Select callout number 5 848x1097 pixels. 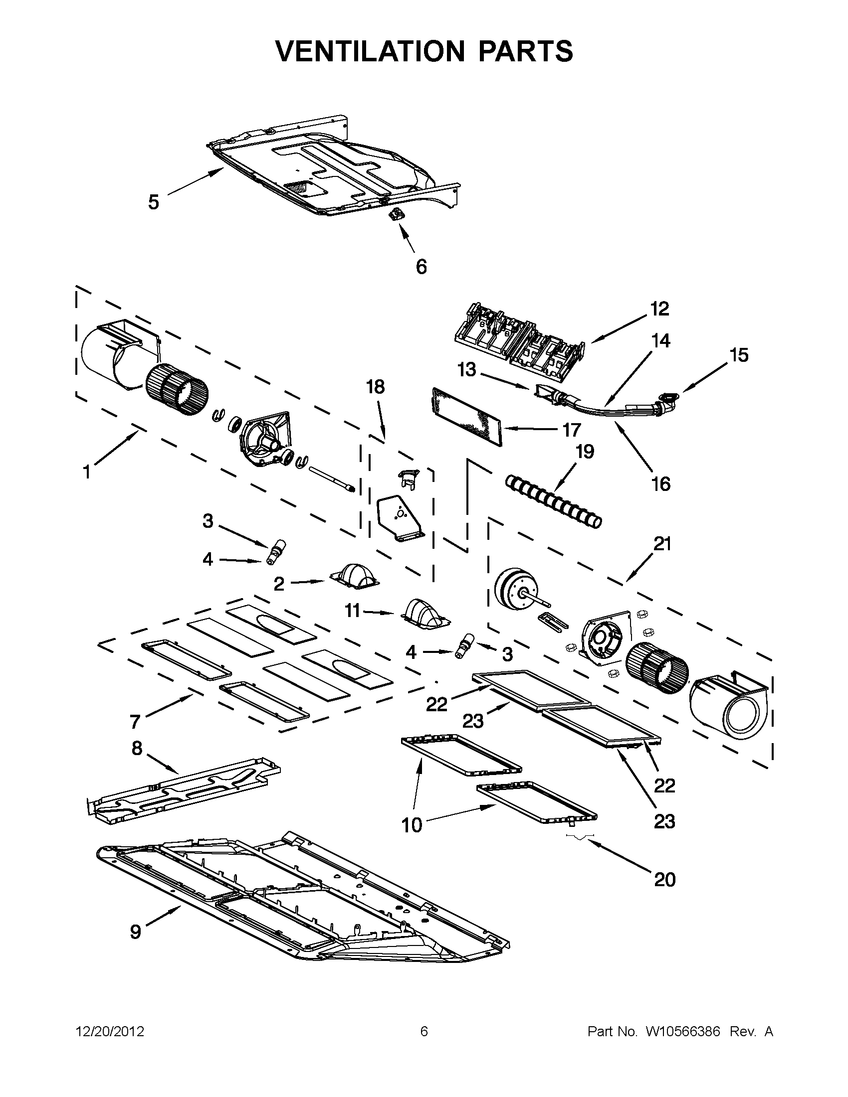point(154,202)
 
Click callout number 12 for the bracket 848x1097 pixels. point(659,309)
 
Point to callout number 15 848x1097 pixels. point(739,355)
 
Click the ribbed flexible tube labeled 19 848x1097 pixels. point(552,502)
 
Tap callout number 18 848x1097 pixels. point(375,387)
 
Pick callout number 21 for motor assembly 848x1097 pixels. point(662,543)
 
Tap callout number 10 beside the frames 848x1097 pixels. point(412,825)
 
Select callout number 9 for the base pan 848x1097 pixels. point(136,932)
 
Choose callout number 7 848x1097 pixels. point(135,722)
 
